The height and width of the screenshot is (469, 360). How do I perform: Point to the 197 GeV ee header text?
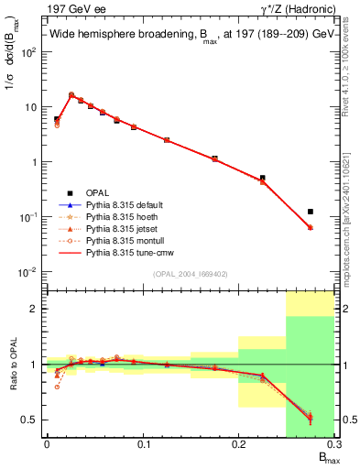coord(71,7)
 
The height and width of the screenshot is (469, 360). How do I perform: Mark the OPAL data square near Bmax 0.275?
coord(311,212)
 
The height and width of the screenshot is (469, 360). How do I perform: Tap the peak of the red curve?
coord(71,93)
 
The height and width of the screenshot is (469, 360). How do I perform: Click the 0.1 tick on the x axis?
coord(142,444)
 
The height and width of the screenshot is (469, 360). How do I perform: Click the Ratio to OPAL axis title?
coord(12,364)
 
